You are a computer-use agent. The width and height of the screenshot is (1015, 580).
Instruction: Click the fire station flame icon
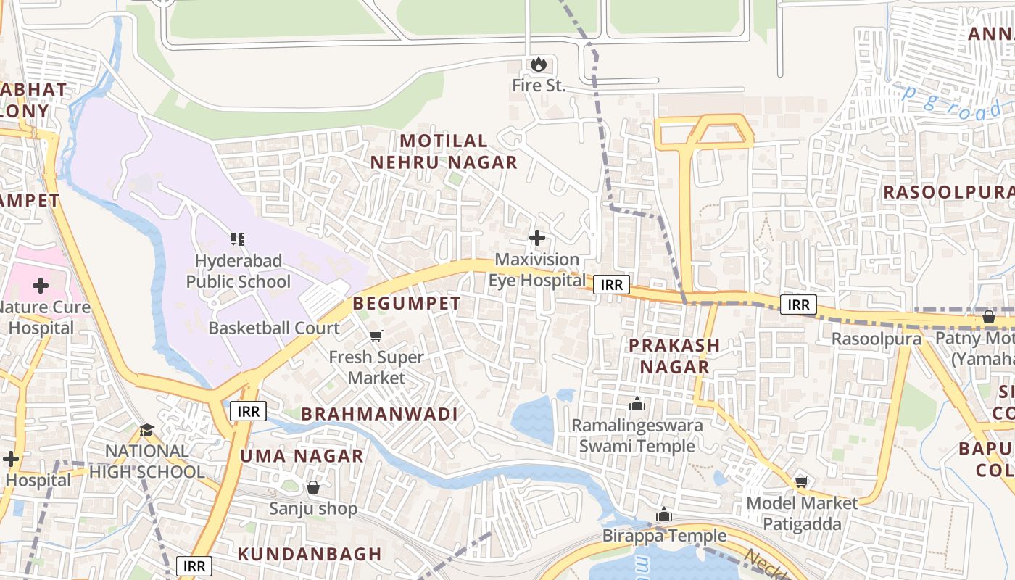pyautogui.click(x=537, y=65)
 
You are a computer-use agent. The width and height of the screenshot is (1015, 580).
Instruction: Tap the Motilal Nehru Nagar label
pyautogui.click(x=444, y=152)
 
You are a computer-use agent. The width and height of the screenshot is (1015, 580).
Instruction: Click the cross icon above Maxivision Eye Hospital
pyautogui.click(x=537, y=237)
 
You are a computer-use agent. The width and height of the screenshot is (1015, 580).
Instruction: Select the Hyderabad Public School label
pyautogui.click(x=238, y=270)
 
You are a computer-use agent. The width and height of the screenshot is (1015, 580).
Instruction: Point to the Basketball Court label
pyautogui.click(x=274, y=328)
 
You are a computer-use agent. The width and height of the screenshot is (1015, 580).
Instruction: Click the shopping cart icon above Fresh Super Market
pyautogui.click(x=376, y=336)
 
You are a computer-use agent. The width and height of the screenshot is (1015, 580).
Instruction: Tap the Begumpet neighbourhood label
pyautogui.click(x=407, y=303)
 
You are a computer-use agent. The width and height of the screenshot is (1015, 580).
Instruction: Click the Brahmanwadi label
pyautogui.click(x=379, y=414)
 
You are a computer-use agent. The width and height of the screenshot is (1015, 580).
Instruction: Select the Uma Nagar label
pyautogui.click(x=302, y=456)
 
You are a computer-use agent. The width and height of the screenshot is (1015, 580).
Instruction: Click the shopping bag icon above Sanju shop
pyautogui.click(x=313, y=487)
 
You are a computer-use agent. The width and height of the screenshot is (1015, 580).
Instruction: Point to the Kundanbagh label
pyautogui.click(x=310, y=554)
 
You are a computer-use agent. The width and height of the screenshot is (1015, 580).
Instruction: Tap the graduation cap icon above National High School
pyautogui.click(x=146, y=430)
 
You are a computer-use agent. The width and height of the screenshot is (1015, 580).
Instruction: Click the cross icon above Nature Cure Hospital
pyautogui.click(x=41, y=286)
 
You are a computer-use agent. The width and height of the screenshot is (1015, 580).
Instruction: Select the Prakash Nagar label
pyautogui.click(x=674, y=356)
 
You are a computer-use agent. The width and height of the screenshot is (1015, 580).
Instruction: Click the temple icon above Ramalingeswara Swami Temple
pyautogui.click(x=637, y=404)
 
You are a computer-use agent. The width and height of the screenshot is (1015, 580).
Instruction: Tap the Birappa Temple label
pyautogui.click(x=664, y=536)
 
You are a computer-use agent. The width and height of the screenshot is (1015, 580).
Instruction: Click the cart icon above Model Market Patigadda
pyautogui.click(x=801, y=481)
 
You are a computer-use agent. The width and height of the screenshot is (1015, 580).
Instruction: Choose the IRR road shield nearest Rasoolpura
pyautogui.click(x=798, y=304)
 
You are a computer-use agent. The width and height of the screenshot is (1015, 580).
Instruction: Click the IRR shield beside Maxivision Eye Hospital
pyautogui.click(x=611, y=285)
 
